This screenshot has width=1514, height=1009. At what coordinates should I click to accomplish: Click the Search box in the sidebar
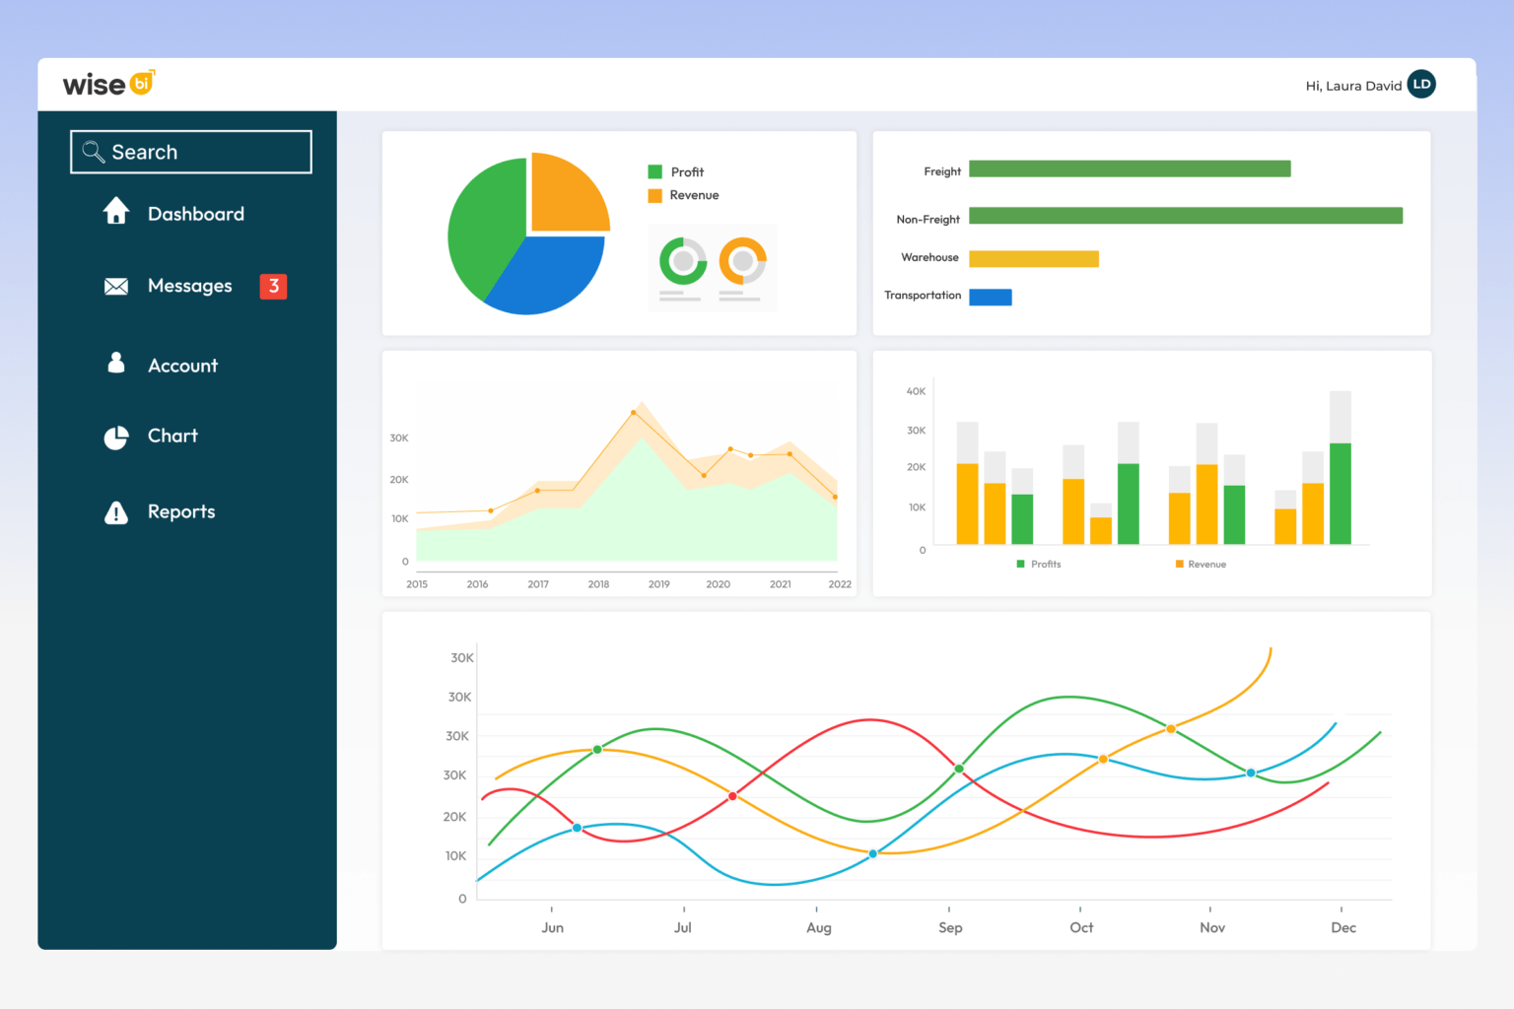pyautogui.click(x=191, y=152)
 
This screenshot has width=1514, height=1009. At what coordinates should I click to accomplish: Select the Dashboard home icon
pyautogui.click(x=116, y=211)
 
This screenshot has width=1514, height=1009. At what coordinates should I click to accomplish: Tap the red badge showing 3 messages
pyautogui.click(x=273, y=286)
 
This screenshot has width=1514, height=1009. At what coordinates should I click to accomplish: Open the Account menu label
pyautogui.click(x=182, y=366)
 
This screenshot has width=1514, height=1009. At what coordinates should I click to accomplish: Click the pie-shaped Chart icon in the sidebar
pyautogui.click(x=116, y=437)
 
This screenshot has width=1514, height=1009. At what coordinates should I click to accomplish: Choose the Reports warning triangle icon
pyautogui.click(x=116, y=512)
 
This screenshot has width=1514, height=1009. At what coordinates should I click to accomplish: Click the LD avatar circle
pyautogui.click(x=1421, y=85)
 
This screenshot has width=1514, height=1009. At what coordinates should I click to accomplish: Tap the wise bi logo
pyautogui.click(x=108, y=84)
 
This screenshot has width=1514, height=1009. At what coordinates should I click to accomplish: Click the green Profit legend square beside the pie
pyautogui.click(x=654, y=171)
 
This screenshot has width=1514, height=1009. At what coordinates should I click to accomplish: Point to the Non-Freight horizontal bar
pyautogui.click(x=1185, y=216)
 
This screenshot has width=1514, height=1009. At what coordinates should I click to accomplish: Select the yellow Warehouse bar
pyautogui.click(x=1033, y=259)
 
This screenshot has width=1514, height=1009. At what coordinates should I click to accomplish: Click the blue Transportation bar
pyautogui.click(x=990, y=297)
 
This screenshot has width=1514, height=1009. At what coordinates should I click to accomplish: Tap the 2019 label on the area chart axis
pyautogui.click(x=658, y=584)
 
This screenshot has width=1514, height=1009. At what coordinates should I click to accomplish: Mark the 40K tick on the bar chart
pyautogui.click(x=916, y=391)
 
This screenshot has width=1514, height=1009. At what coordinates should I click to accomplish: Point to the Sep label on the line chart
pyautogui.click(x=950, y=927)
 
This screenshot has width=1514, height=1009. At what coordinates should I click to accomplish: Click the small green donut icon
pyautogui.click(x=682, y=261)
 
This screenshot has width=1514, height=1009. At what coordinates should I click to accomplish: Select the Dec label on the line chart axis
pyautogui.click(x=1342, y=927)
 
